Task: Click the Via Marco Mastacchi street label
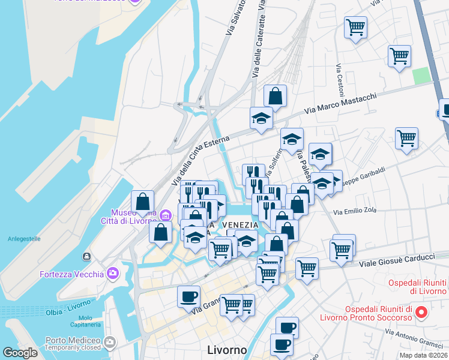tap(340, 103)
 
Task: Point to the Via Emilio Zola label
tap(355, 211)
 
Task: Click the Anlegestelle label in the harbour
tap(24, 238)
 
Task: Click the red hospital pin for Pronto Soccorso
tap(421, 312)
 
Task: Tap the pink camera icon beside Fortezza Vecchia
tap(113, 274)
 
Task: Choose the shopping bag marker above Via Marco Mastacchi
tap(275, 96)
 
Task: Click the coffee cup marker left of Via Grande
tap(188, 296)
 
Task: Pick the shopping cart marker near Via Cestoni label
tap(355, 27)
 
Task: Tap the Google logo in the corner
tap(20, 352)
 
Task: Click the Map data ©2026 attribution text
tap(423, 355)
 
